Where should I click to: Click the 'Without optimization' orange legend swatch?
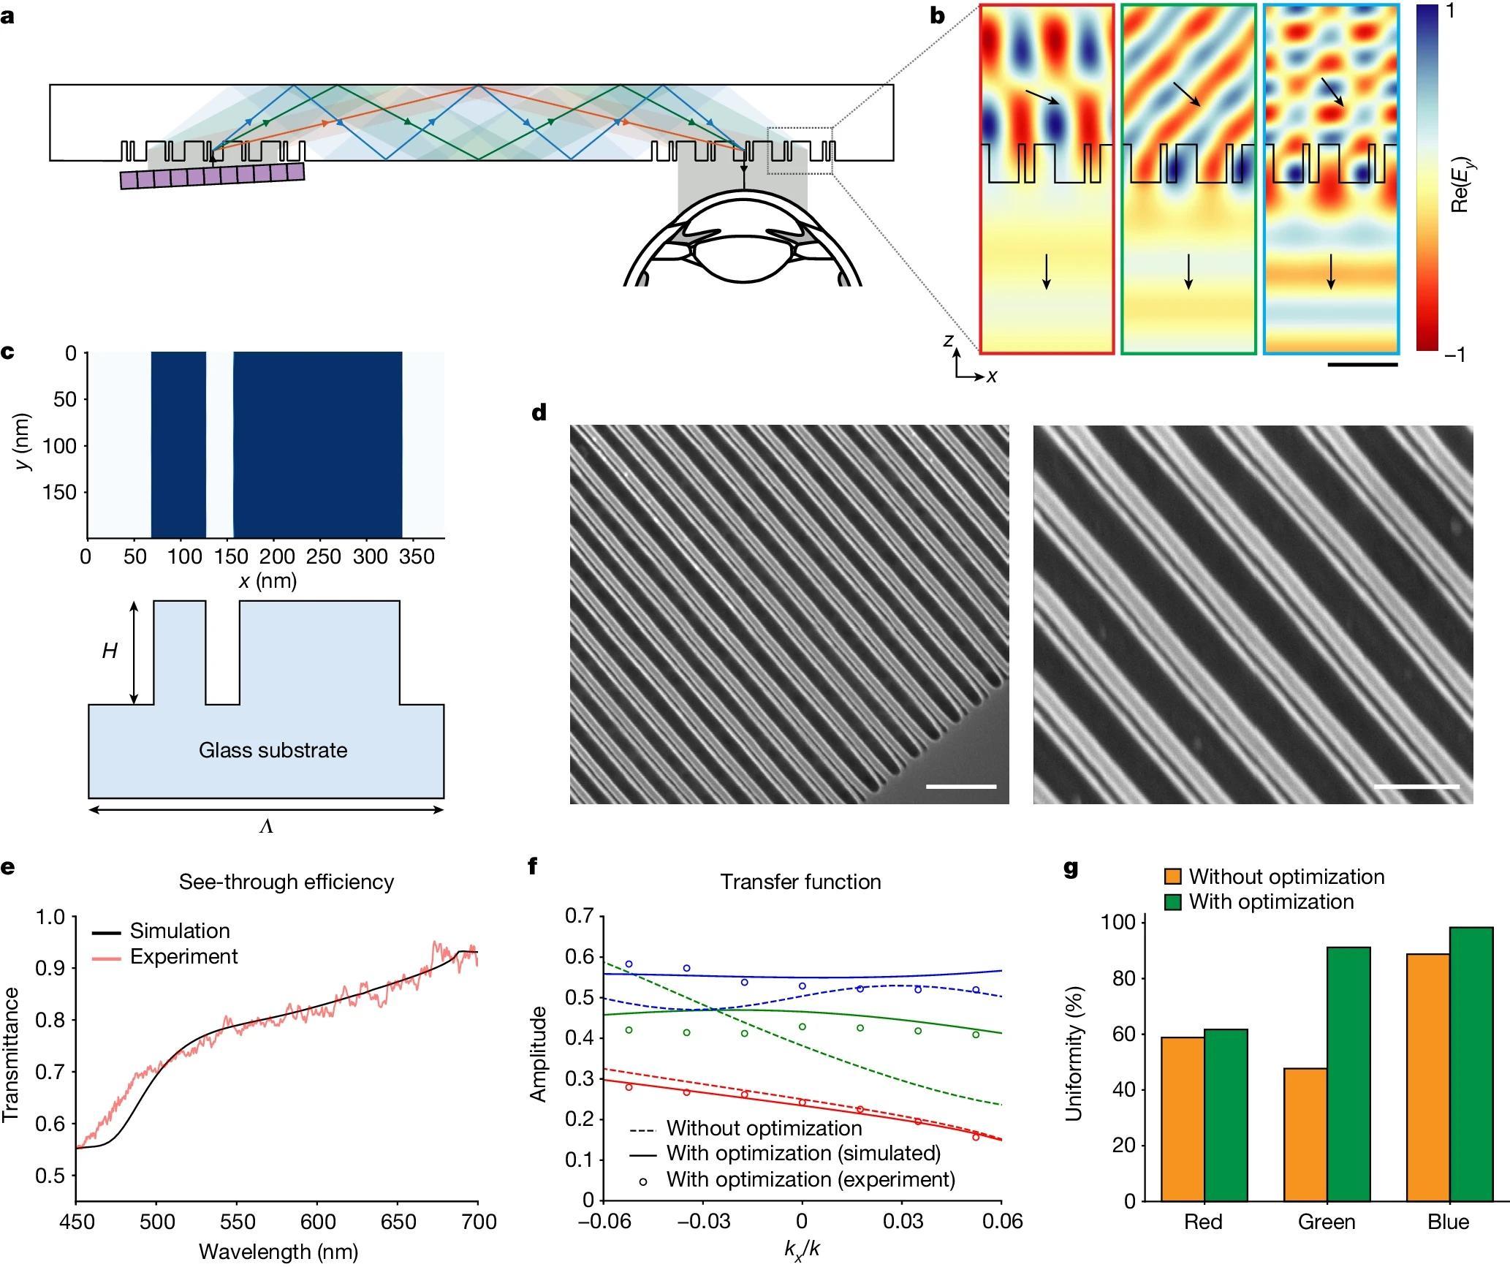1172,877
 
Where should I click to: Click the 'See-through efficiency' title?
287,882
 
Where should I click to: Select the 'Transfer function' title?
800,882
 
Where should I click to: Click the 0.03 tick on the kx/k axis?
902,1221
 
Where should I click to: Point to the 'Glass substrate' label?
273,750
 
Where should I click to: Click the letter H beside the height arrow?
110,651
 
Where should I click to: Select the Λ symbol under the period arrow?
266,828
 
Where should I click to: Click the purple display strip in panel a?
212,176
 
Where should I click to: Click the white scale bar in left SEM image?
960,787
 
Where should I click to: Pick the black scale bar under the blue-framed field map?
1362,364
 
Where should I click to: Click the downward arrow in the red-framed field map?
1046,271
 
